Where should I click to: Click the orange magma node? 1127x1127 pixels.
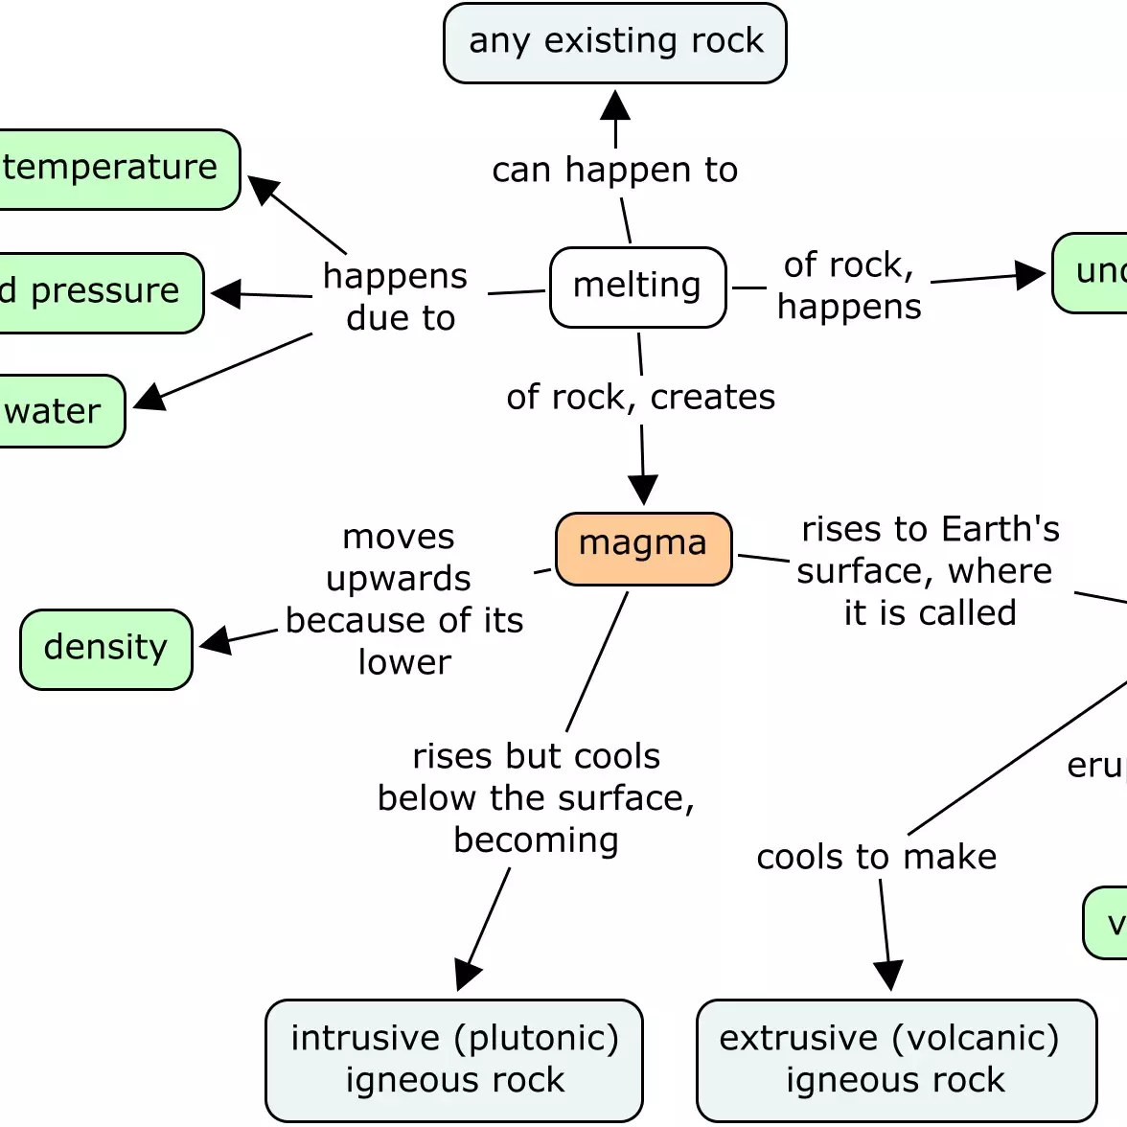pyautogui.click(x=643, y=548)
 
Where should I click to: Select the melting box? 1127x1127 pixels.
pyautogui.click(x=637, y=287)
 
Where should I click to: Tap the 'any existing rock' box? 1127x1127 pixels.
pyautogui.click(x=615, y=43)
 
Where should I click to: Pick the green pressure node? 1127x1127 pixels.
pyautogui.click(x=96, y=292)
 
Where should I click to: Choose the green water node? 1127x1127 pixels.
pyautogui.click(x=57, y=411)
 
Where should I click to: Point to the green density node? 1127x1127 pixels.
pyautogui.click(x=106, y=649)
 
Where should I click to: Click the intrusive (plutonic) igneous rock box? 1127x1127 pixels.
pyautogui.click(x=454, y=1059)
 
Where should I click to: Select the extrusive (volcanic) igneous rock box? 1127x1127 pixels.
pyautogui.click(x=896, y=1059)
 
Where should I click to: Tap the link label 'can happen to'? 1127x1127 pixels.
pyautogui.click(x=615, y=171)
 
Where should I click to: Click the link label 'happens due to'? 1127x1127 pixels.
pyautogui.click(x=397, y=296)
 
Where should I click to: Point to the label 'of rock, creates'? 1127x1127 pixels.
pyautogui.click(x=640, y=397)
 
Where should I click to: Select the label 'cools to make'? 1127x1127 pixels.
pyautogui.click(x=876, y=857)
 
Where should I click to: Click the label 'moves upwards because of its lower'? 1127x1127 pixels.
pyautogui.click(x=403, y=599)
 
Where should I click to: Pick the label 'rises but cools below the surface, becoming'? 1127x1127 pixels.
pyautogui.click(x=536, y=797)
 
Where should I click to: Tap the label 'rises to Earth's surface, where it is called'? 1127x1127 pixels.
pyautogui.click(x=928, y=570)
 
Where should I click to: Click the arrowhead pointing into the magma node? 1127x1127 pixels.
pyautogui.click(x=643, y=490)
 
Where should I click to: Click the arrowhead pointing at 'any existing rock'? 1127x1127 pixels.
pyautogui.click(x=615, y=104)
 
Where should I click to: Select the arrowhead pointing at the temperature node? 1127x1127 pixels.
pyautogui.click(x=264, y=189)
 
